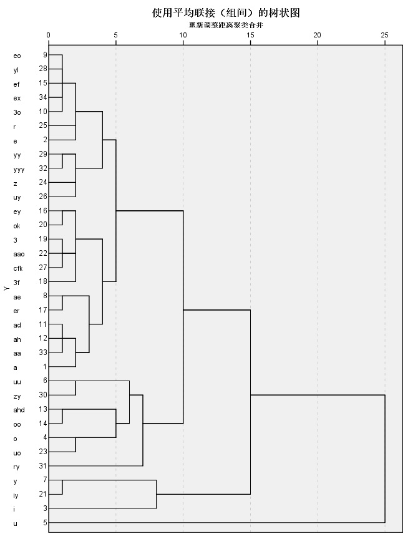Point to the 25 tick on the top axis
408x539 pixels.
[x=384, y=35]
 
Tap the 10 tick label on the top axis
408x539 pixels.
[x=183, y=35]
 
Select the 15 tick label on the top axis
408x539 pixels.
[x=250, y=35]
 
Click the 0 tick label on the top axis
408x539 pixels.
[x=49, y=35]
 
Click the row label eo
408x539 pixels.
[x=17, y=56]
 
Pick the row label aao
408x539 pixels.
[x=19, y=255]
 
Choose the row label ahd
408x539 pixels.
[x=19, y=410]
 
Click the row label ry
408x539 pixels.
[x=16, y=467]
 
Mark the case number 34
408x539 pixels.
[x=43, y=97]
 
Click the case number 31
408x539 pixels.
[x=43, y=466]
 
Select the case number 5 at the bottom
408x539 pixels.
[x=45, y=523]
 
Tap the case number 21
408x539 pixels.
[x=43, y=494]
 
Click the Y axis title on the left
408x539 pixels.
[x=6, y=288]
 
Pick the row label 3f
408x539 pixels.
[x=16, y=283]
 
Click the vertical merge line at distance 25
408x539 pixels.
[x=385, y=458]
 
